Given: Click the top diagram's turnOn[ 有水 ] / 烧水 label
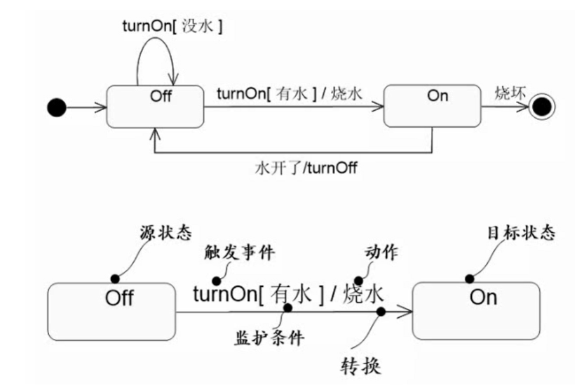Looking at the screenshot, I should (x=290, y=93).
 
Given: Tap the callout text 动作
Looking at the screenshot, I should (x=382, y=251).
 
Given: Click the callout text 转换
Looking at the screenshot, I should (x=361, y=367).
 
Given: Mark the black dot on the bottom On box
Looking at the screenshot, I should (x=468, y=279).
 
